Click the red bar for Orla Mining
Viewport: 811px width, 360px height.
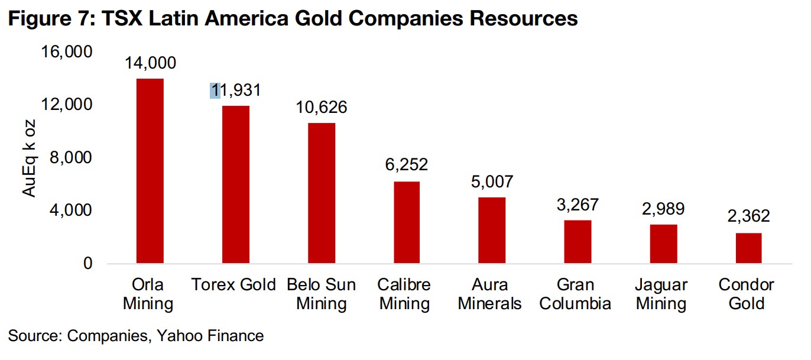[x=150, y=171]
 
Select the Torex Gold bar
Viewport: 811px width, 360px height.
[x=235, y=184]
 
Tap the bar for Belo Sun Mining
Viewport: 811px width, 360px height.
[x=322, y=193]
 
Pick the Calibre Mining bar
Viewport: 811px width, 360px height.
[x=407, y=222]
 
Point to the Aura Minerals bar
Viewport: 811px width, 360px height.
[x=492, y=230]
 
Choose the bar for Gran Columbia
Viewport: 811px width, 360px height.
[x=578, y=242]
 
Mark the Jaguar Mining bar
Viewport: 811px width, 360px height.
[x=663, y=244]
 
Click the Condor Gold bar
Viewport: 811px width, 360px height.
[x=748, y=248]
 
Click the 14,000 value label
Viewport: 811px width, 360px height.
[x=150, y=63]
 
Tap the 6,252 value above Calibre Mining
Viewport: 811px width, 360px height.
[x=407, y=164]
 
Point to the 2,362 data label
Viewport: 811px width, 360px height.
[x=748, y=216]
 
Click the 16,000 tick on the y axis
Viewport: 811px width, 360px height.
[x=67, y=52]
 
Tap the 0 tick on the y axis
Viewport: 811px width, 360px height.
[x=87, y=264]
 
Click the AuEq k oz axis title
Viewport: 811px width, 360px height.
[x=29, y=158]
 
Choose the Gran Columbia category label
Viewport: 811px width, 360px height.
[x=578, y=294]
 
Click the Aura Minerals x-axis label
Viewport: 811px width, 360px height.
[x=492, y=294]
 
